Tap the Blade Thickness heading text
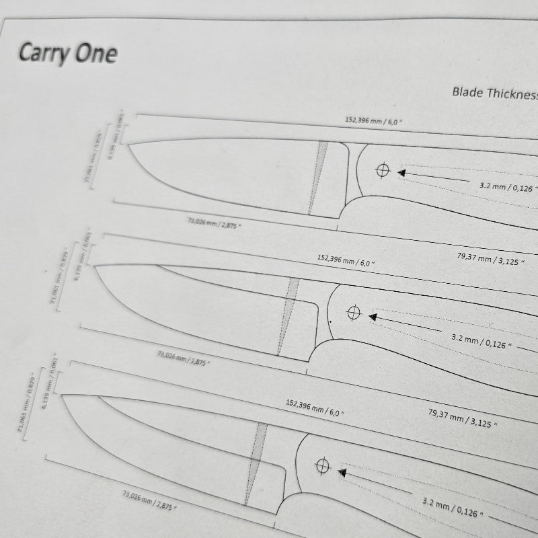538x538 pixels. coord(494,93)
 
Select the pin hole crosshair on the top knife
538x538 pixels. coord(383,171)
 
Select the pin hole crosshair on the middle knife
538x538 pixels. coord(354,313)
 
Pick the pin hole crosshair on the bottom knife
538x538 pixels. coord(322,465)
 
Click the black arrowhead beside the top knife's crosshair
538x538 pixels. coord(401,173)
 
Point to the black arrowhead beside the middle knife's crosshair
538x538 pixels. coord(373,315)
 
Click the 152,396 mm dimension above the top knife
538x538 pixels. coord(374,121)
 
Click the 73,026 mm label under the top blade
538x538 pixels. coord(213,221)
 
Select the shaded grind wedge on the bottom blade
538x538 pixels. coord(256,464)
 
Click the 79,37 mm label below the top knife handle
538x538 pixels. coord(491,258)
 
